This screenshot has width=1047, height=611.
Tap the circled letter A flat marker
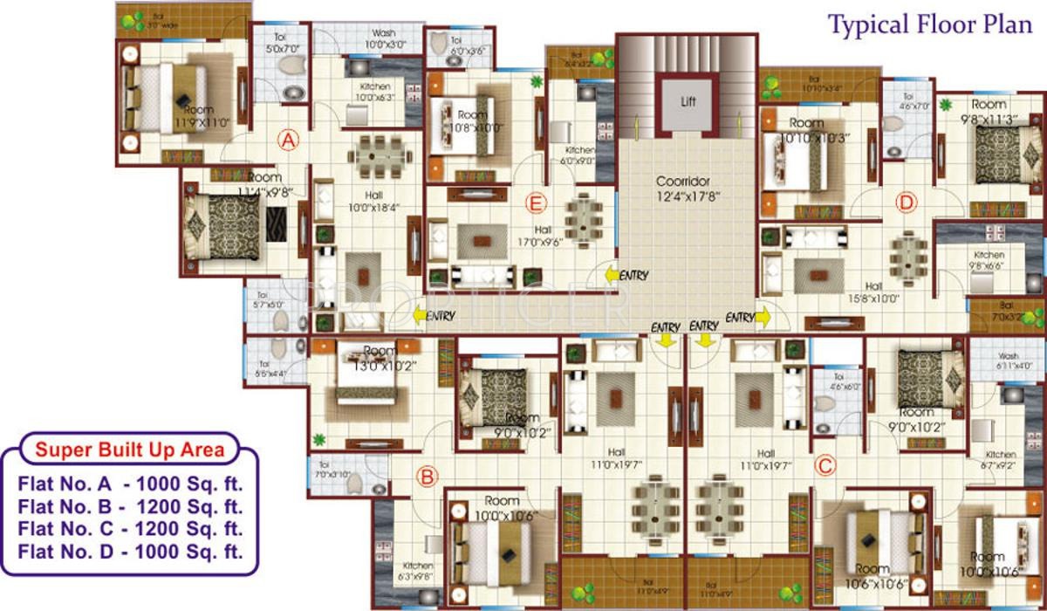point(289,139)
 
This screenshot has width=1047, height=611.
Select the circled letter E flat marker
point(537,204)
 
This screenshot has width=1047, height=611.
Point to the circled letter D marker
point(907,203)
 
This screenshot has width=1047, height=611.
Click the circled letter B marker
point(427,477)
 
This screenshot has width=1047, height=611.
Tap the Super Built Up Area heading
point(129,450)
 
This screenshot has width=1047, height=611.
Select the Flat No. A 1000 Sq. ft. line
point(129,483)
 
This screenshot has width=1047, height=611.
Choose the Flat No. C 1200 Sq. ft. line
point(129,529)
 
